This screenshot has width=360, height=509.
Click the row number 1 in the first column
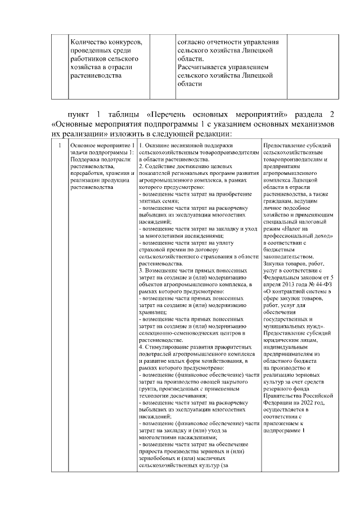pyautogui.click(x=60, y=147)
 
